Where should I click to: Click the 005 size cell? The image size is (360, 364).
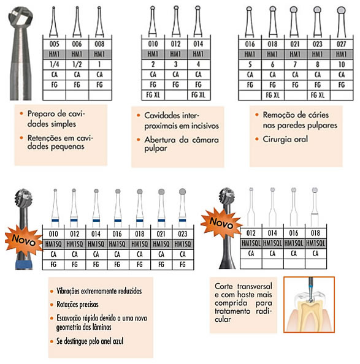pos(55,44)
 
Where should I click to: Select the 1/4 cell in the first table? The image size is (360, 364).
pos(55,64)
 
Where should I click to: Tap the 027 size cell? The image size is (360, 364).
pos(342,44)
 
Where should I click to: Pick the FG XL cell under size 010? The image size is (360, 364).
pos(153,95)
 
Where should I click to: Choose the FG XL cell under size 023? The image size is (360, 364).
pos(318,95)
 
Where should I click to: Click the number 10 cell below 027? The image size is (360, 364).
pos(342,64)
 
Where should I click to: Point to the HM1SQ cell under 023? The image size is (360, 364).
pos(183,244)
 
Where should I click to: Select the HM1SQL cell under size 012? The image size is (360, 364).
pos(251,243)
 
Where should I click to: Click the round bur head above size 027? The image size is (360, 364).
pos(341,10)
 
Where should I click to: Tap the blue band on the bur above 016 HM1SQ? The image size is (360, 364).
pos(118,221)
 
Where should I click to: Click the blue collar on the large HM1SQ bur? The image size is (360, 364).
pos(24,264)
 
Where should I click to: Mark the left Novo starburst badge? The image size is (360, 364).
pos(24,240)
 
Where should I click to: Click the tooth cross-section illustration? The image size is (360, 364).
pos(309,305)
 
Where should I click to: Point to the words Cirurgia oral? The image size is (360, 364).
pos(285,139)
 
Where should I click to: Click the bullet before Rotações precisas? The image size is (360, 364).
pos(52,305)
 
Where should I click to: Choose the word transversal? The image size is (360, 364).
pos(255,286)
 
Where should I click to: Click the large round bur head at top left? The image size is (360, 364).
pos(20,17)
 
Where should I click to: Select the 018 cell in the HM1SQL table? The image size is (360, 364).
pos(315,233)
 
